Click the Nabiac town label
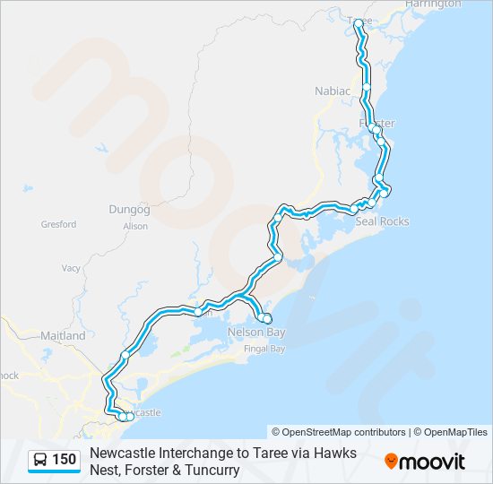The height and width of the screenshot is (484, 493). (330, 91)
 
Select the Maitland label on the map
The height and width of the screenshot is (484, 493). (63, 336)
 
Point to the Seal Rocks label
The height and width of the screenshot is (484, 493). (382, 221)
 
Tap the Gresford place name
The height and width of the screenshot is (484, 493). (58, 224)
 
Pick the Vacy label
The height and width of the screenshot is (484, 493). (71, 268)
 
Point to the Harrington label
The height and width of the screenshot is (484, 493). (433, 4)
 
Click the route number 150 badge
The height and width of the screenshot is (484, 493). (65, 461)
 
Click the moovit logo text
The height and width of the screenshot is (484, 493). (433, 462)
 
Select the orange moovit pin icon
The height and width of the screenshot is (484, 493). (392, 462)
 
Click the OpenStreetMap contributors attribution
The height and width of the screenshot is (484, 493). (339, 432)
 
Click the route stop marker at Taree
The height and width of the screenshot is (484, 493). (359, 23)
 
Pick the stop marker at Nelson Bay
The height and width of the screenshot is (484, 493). (266, 318)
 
